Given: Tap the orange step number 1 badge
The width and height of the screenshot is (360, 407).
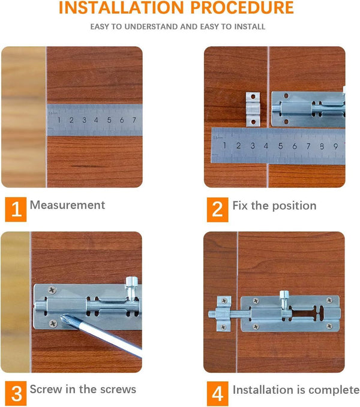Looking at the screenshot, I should point(16,209).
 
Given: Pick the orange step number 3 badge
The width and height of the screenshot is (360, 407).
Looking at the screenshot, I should point(16,393).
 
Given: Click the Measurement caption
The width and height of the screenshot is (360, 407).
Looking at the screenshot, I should point(67,205).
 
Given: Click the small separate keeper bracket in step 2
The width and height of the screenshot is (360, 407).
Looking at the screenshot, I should point(253,108).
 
